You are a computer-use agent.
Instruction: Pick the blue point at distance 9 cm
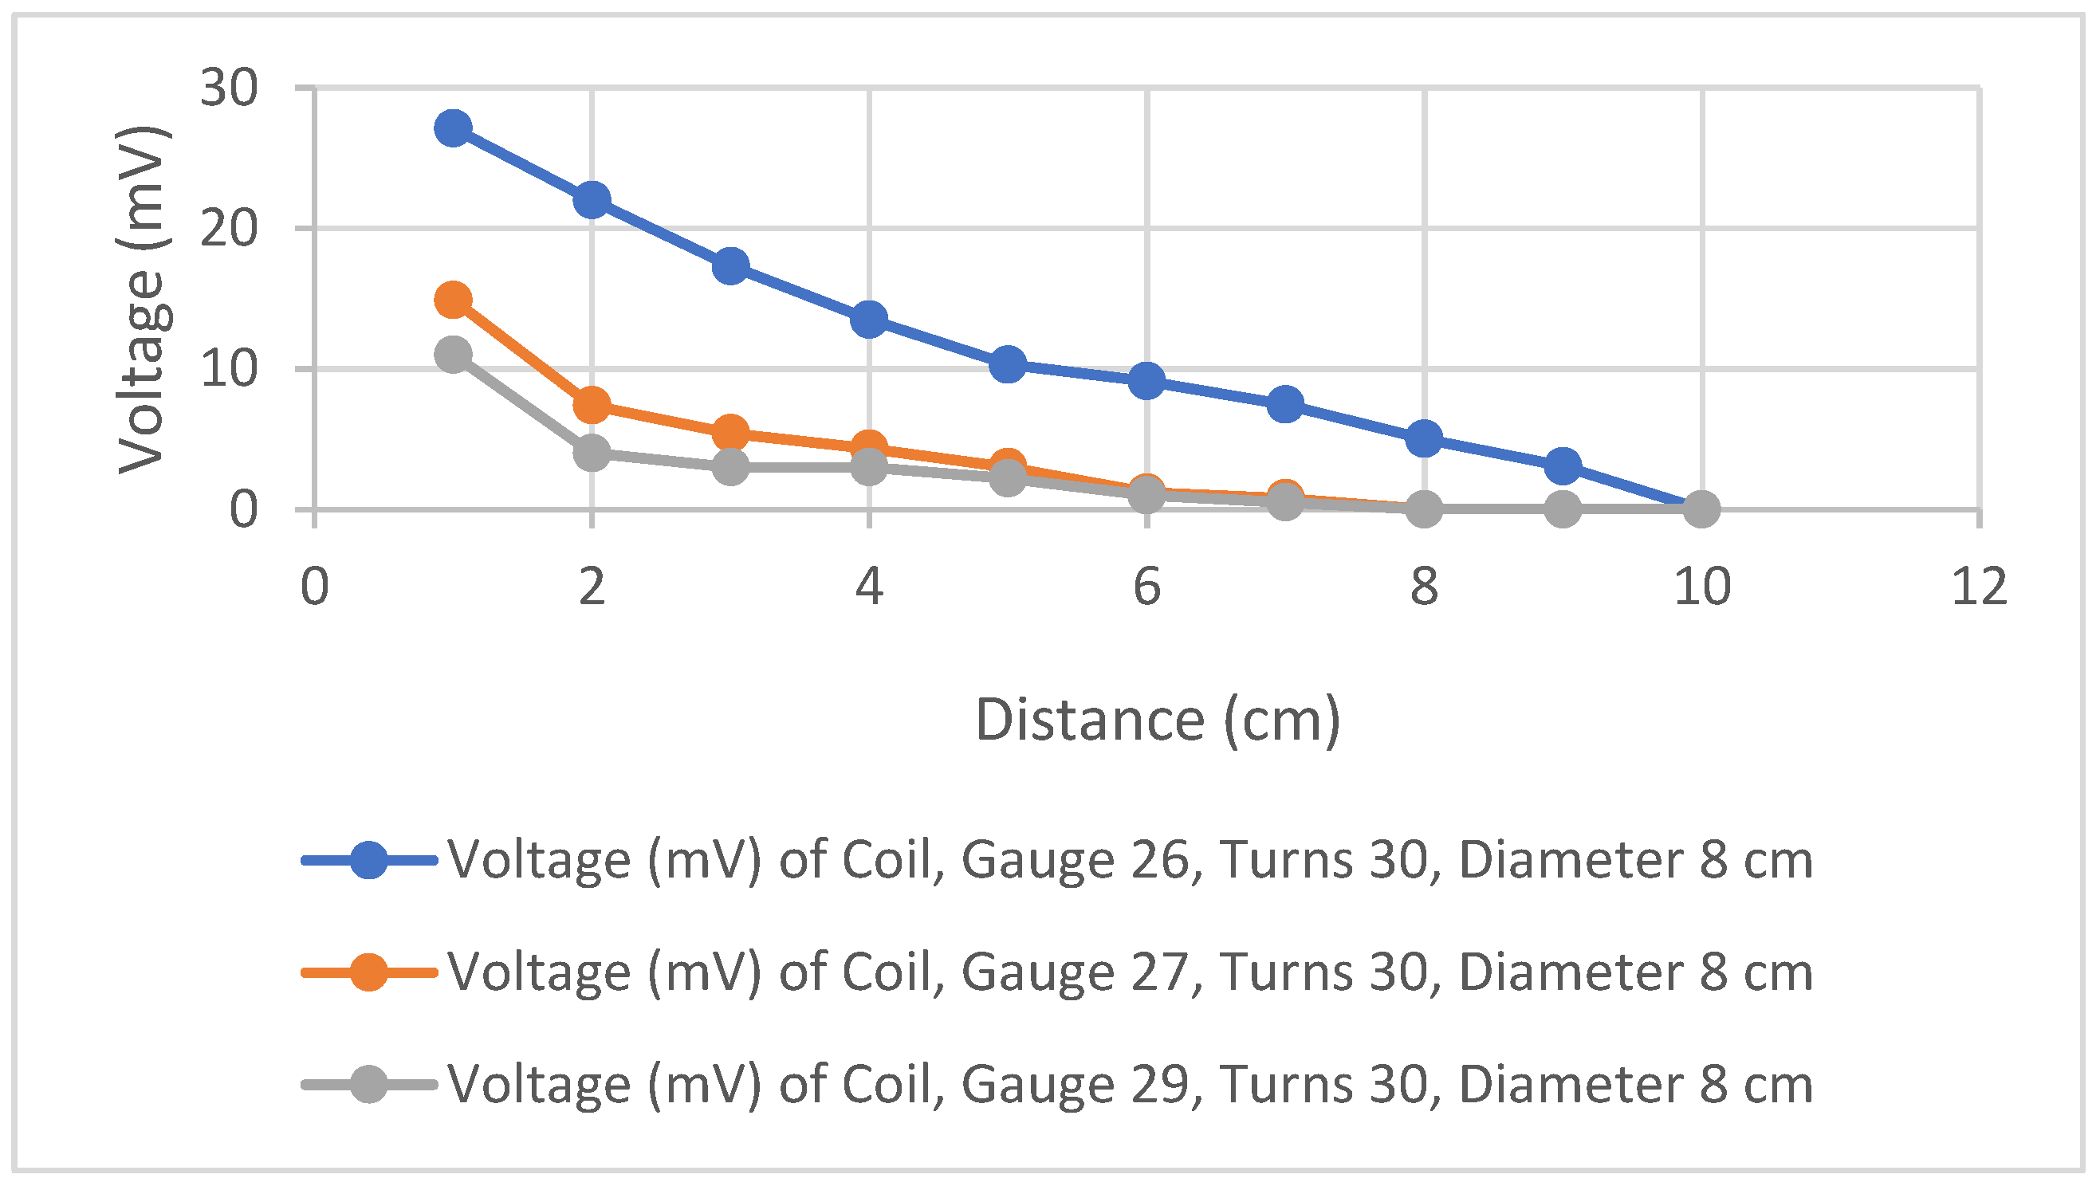click(x=1563, y=465)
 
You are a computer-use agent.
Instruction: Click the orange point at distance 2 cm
click(x=592, y=404)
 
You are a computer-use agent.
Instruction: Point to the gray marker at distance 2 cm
click(x=592, y=452)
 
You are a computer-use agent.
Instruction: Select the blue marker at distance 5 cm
click(x=1008, y=364)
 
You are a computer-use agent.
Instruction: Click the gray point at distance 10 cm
click(x=1701, y=509)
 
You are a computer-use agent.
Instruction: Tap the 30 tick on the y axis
click(x=228, y=88)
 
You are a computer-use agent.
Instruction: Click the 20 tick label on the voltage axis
click(x=228, y=229)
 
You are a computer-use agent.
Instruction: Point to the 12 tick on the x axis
click(x=1979, y=587)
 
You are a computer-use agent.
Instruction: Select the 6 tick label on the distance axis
click(x=1146, y=587)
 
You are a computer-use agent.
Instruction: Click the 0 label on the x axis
click(x=315, y=587)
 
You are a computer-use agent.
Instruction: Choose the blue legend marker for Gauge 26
click(x=368, y=860)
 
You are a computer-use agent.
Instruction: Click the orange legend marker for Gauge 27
click(x=368, y=972)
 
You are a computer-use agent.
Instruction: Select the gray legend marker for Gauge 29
click(x=368, y=1084)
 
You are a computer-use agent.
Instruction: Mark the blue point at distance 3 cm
click(x=730, y=265)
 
